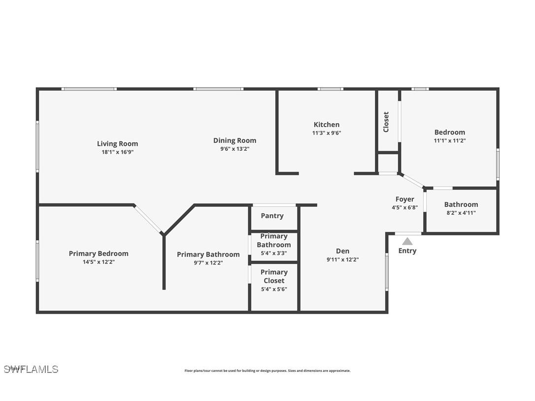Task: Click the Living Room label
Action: [117, 144]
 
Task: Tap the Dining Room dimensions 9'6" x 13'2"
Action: [234, 149]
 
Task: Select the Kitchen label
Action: [327, 125]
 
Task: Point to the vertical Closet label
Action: [386, 122]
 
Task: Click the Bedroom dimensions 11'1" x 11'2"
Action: [449, 140]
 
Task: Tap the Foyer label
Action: [404, 200]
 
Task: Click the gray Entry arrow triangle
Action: [407, 241]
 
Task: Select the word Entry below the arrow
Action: [407, 251]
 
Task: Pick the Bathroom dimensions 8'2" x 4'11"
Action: [461, 213]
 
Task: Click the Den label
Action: [342, 251]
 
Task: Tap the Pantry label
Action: [272, 216]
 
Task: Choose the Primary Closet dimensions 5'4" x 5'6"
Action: [274, 289]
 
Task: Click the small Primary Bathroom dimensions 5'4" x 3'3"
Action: [274, 253]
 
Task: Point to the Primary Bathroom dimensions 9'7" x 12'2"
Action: [208, 263]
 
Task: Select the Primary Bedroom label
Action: [99, 254]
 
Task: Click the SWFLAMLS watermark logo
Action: [31, 369]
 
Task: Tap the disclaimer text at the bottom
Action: [267, 371]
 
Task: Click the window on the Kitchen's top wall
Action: [330, 89]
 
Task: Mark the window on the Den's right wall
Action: [387, 272]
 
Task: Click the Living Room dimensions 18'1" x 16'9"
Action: [117, 152]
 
